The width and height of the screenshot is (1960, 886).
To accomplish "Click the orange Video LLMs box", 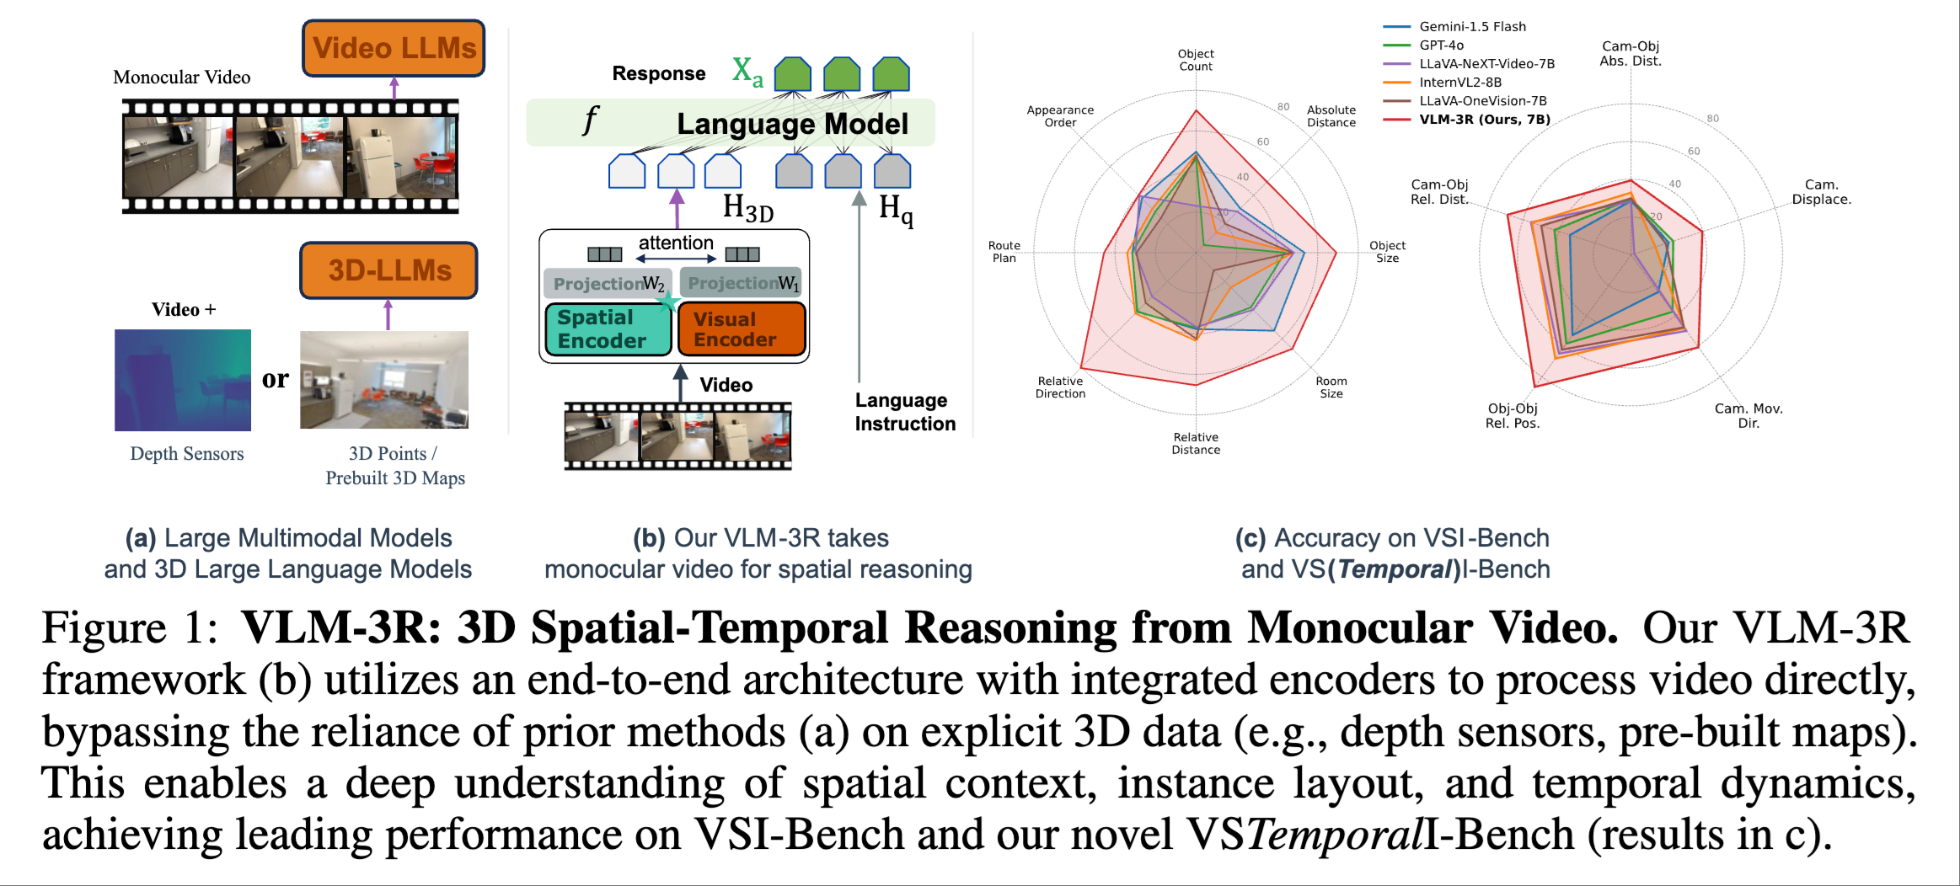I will coord(394,48).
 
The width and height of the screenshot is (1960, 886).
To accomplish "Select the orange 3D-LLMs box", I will coord(388,270).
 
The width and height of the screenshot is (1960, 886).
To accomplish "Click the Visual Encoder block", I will coord(741,329).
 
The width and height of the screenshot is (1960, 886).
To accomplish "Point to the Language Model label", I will coord(792,124).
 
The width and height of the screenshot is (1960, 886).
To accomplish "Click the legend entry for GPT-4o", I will coord(1441,45).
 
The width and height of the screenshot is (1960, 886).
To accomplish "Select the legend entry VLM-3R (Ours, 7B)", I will coord(1484,120).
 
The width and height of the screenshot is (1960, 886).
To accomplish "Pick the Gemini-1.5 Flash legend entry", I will coord(1472,27).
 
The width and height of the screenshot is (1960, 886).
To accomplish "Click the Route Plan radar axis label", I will coord(1004,252).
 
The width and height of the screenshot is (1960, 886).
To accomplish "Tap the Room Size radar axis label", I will coord(1331,387).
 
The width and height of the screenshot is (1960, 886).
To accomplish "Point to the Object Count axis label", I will coord(1195,60).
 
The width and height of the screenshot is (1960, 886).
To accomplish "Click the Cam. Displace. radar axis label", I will coord(1821,192).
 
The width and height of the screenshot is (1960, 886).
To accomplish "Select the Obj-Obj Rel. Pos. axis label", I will coord(1512,416).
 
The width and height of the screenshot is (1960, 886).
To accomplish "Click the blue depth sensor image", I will coord(183,380).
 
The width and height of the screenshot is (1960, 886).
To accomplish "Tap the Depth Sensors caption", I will coord(187,454).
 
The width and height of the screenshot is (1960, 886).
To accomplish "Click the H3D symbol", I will coord(747,207).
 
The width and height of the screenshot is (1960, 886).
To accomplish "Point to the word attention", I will coord(676,243).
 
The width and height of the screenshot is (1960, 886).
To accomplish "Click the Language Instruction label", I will coord(904,412).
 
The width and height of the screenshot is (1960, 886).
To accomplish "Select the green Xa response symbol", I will coord(747,72).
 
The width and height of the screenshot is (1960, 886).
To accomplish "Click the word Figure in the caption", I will coord(104,628).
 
